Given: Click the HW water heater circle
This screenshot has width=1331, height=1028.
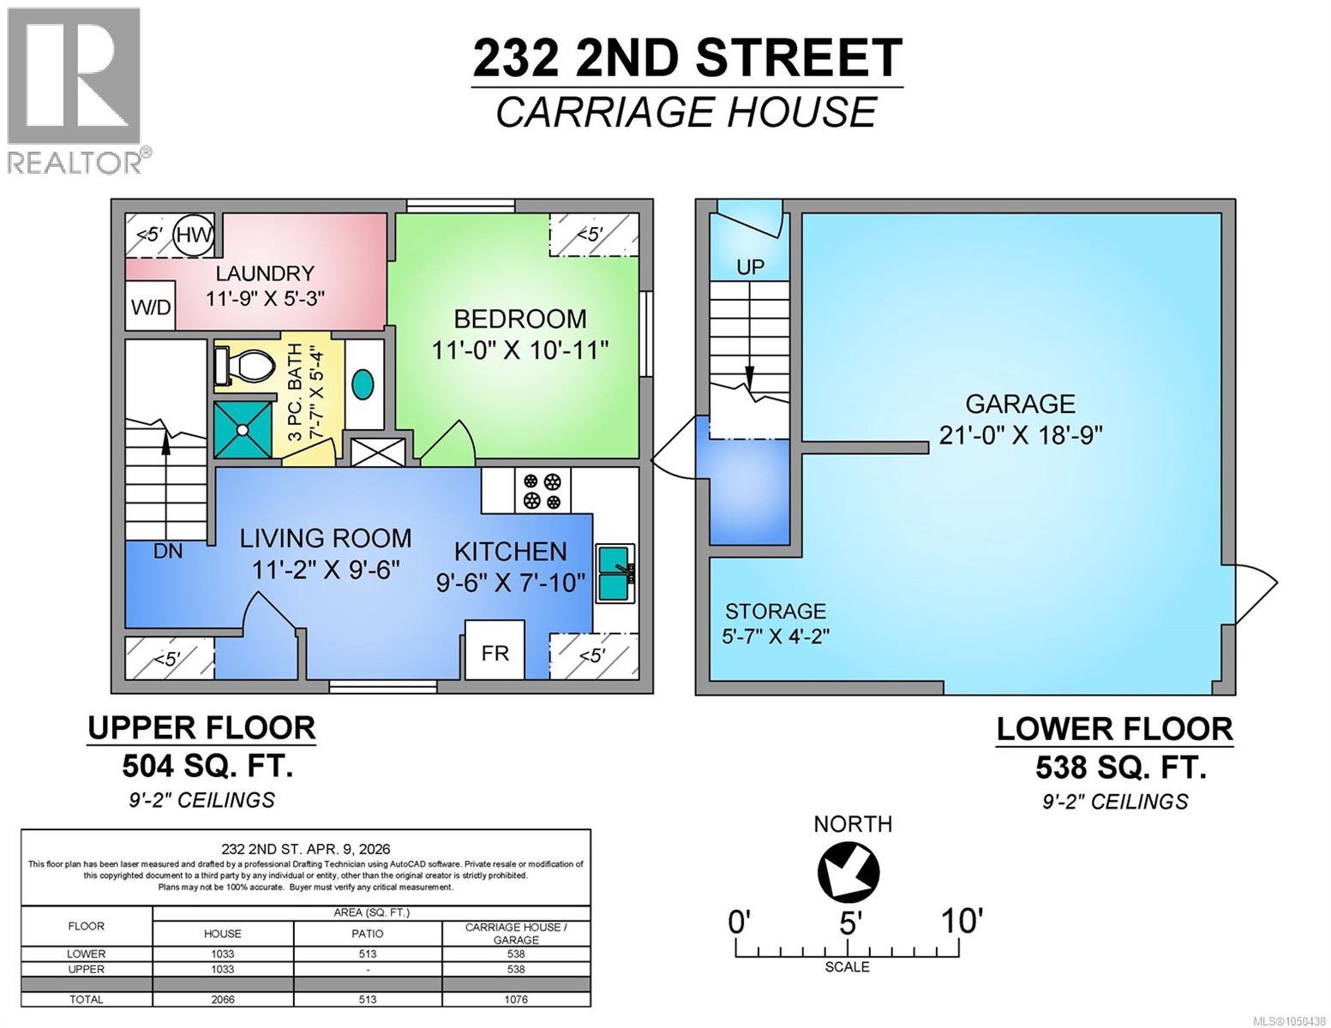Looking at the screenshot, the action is point(194,235).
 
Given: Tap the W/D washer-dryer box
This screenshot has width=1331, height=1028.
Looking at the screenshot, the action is point(151,306).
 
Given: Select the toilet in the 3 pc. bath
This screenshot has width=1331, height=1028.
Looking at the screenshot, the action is point(244,366).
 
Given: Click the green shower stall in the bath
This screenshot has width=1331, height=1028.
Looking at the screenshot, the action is point(243,429).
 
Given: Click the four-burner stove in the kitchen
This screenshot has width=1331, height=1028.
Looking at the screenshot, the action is point(542,491).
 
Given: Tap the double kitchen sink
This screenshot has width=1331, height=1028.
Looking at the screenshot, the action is point(615,573).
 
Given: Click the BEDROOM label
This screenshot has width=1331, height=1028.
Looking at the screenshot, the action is point(520,319).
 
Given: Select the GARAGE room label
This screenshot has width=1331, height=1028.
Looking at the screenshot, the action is point(1021,404).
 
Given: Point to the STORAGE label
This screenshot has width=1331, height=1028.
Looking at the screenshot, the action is point(776,611).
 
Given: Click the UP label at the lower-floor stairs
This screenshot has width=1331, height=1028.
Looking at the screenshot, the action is point(750,267).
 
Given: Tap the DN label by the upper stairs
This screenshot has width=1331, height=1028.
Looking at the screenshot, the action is point(168,551).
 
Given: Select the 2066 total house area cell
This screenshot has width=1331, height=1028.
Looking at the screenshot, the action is point(223,999).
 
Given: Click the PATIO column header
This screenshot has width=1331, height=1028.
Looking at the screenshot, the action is point(368,934).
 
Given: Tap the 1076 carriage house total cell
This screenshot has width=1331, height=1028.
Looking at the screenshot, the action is point(516,999).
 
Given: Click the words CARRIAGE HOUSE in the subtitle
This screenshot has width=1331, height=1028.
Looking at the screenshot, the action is point(686,112).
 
